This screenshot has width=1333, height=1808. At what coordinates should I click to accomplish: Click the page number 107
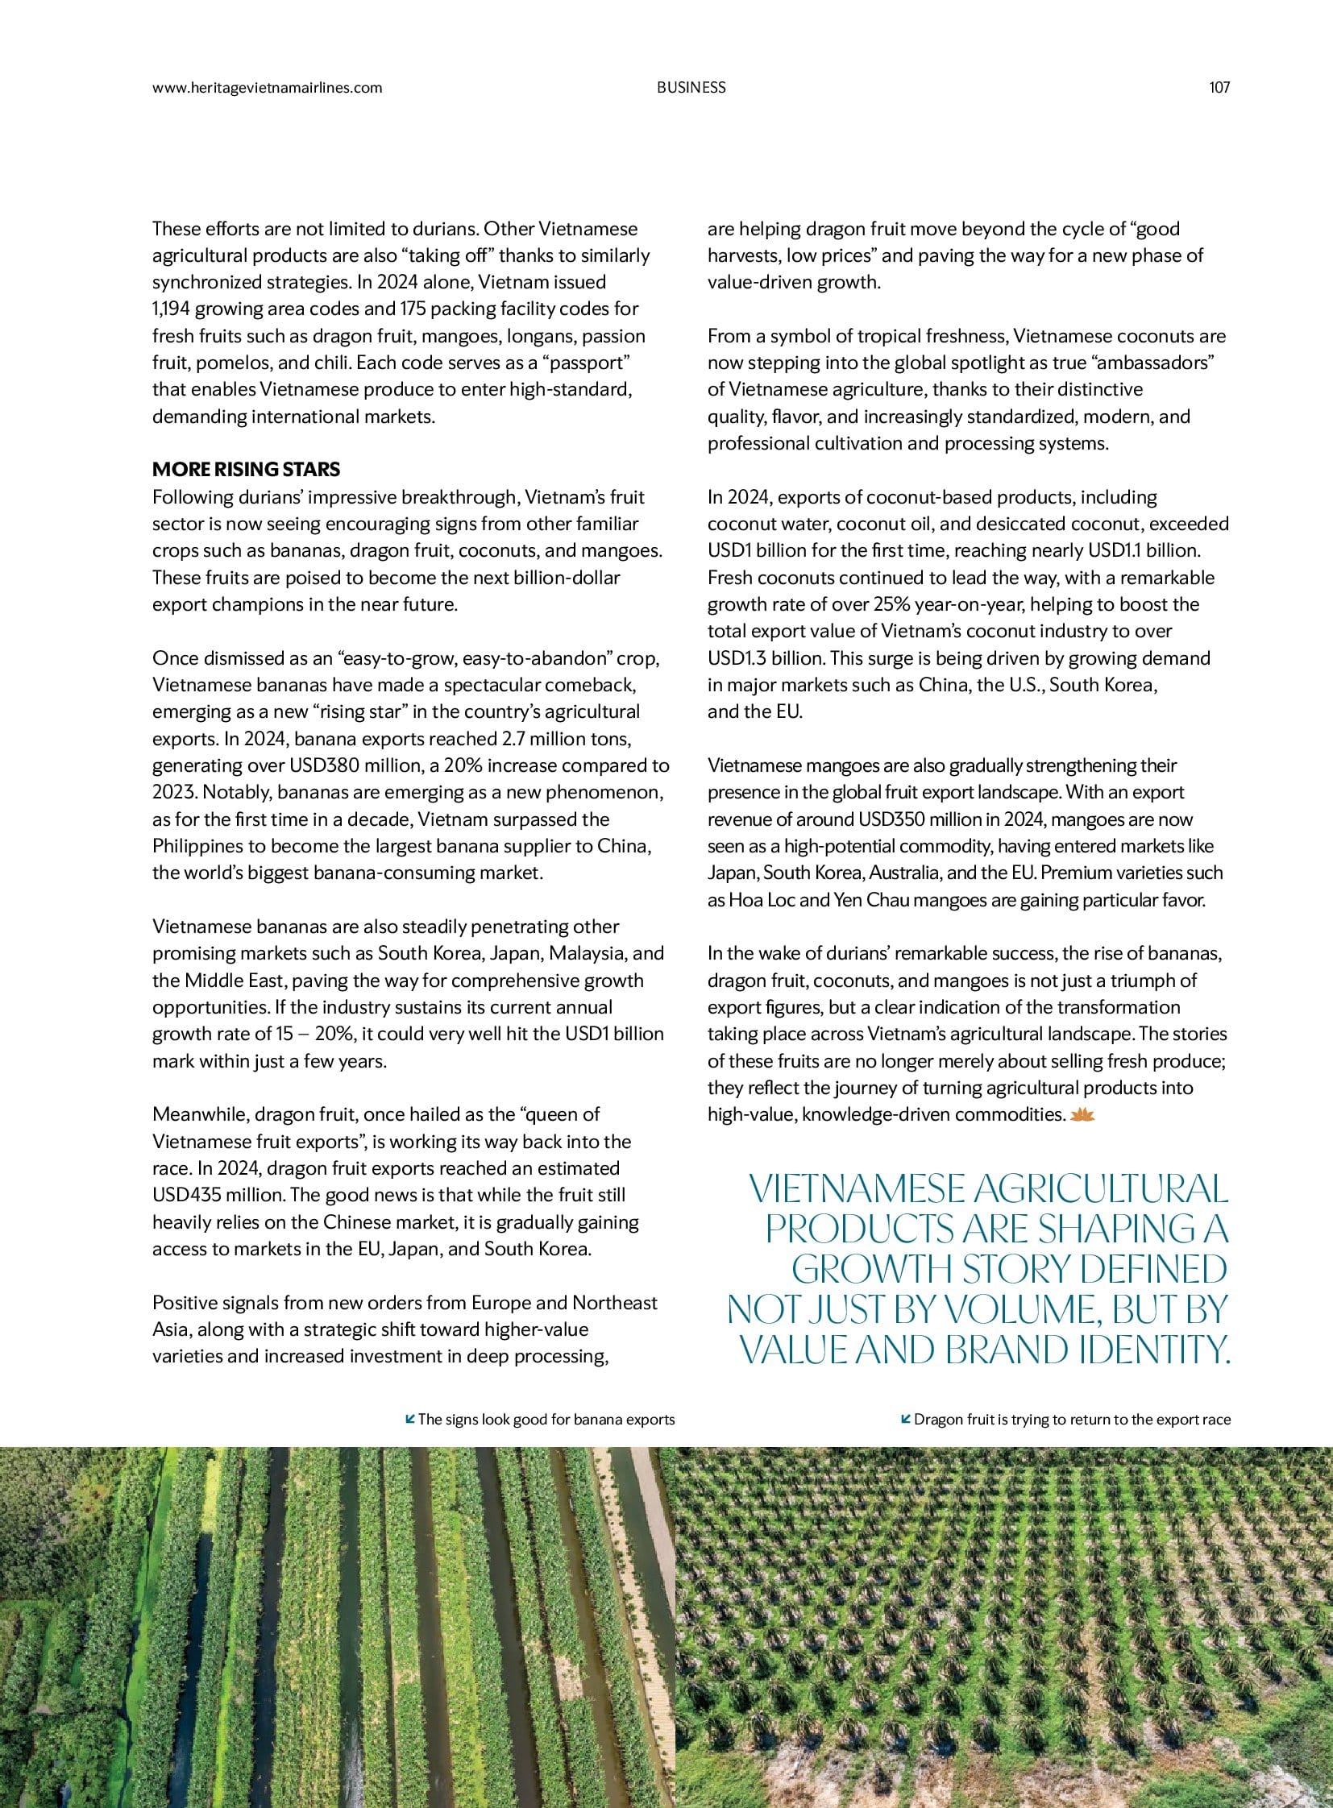coord(1219,88)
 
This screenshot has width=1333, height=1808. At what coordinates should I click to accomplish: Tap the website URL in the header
coord(267,88)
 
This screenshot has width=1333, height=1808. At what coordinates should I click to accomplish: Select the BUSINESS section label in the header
coord(691,88)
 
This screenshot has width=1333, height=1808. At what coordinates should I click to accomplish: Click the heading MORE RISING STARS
coord(246,470)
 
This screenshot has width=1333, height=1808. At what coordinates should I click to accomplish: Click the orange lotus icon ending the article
coord(1081,1114)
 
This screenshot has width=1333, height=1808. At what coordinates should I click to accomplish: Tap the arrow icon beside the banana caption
coord(410,1418)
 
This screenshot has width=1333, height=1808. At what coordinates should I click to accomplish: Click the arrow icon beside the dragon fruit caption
coord(906,1418)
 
